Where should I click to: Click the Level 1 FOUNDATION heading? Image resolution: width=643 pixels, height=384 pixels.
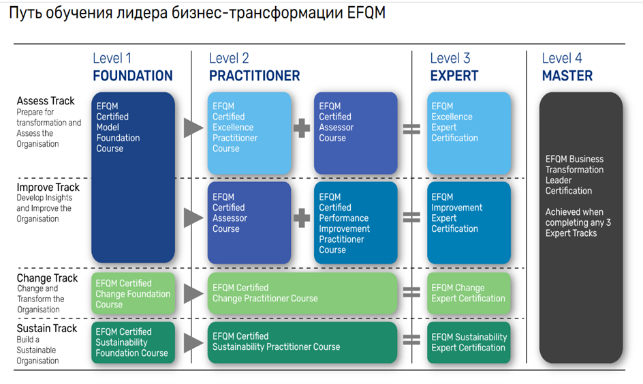coord(132,68)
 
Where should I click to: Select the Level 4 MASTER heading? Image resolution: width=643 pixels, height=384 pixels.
coord(567,68)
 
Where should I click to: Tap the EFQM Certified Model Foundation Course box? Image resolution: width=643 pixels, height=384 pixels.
coord(133,177)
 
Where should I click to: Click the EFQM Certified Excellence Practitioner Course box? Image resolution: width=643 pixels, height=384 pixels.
coord(249,133)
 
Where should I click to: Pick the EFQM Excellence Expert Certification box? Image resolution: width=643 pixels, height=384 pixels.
coord(469,133)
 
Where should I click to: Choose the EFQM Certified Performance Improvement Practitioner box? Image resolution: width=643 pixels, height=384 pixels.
coord(356,222)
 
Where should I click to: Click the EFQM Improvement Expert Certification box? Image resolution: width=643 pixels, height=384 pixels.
coord(469,222)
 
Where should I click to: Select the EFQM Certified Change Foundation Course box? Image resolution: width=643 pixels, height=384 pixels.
coord(133,294)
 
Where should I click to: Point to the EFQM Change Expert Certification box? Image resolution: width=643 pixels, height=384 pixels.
coord(469,294)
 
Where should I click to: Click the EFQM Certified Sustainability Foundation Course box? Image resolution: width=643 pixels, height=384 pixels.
coord(133,342)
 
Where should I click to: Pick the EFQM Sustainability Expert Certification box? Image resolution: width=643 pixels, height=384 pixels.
coord(469,342)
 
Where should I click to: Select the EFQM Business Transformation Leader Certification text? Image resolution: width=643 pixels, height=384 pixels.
coord(574,175)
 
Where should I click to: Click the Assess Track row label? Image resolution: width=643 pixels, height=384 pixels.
coord(46,102)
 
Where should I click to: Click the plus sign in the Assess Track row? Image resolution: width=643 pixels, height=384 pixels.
coord(302,128)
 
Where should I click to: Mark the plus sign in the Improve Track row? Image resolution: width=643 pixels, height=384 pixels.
coord(302,218)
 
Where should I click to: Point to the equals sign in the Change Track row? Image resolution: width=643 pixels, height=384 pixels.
coord(411,293)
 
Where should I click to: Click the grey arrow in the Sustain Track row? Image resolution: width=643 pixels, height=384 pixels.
coord(193,342)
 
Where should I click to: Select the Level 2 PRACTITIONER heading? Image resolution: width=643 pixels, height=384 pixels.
coord(254,68)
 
